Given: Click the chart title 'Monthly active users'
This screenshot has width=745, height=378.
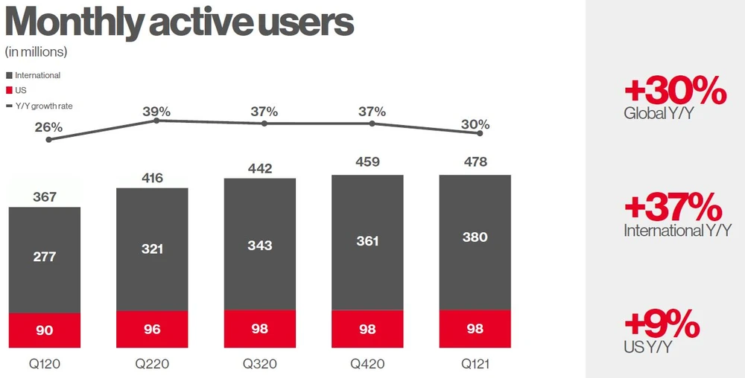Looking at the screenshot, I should (x=179, y=23).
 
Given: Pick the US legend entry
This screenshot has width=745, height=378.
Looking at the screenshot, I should (x=21, y=90).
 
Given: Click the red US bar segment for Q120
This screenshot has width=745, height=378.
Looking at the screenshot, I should (x=45, y=330).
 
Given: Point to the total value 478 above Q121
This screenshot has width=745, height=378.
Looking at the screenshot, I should (x=475, y=161).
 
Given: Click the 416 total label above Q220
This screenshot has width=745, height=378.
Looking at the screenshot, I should (x=152, y=178).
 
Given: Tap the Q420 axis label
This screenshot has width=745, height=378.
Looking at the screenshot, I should (x=367, y=365).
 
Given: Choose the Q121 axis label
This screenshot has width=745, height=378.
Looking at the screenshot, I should (x=475, y=365).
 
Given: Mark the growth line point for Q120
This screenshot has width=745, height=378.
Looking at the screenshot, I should (x=48, y=139).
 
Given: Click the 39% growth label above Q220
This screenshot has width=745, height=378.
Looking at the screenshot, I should (x=156, y=112).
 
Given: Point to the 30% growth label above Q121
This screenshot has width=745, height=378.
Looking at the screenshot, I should (x=475, y=124).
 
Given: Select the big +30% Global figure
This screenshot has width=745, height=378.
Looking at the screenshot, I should (x=675, y=92).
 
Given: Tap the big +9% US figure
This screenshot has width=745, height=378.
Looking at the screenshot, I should (x=662, y=324).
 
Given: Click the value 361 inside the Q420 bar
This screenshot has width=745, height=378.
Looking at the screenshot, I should (x=367, y=241).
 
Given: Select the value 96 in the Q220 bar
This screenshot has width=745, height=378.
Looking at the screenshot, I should (x=152, y=330).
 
